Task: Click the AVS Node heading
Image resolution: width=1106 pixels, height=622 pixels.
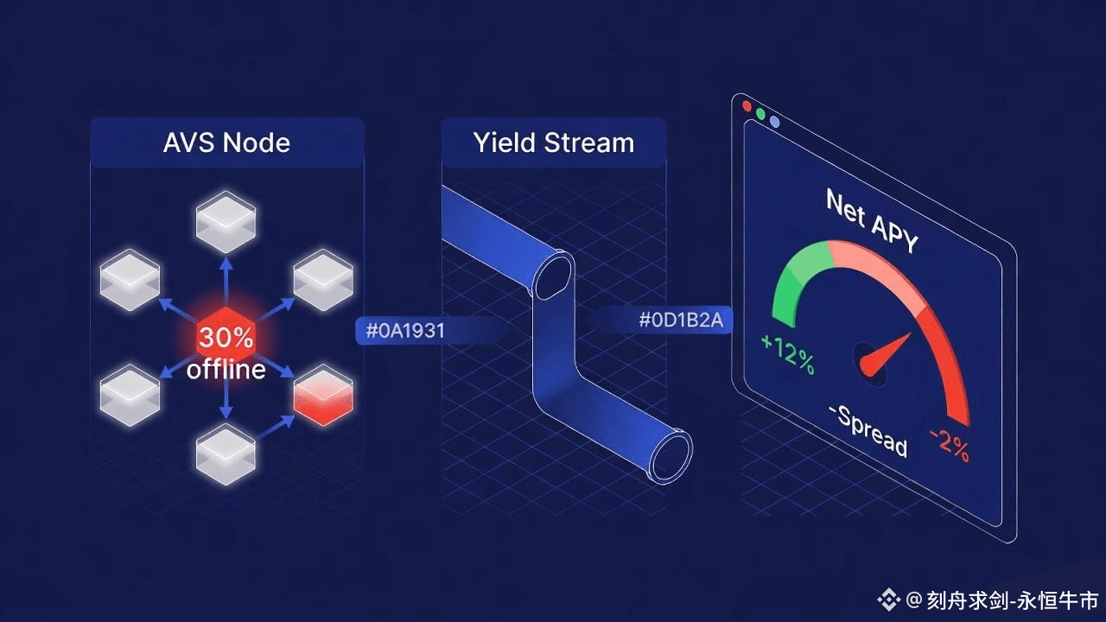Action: click(x=226, y=143)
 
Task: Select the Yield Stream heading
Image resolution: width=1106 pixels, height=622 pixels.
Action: click(x=553, y=143)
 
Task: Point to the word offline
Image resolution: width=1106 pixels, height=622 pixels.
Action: click(x=226, y=370)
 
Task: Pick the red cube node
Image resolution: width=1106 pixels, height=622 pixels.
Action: click(x=323, y=396)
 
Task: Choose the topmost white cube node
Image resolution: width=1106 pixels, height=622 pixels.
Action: click(x=226, y=222)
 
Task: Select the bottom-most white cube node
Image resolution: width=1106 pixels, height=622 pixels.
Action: click(x=226, y=454)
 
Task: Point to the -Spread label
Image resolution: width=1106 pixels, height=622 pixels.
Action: click(x=868, y=429)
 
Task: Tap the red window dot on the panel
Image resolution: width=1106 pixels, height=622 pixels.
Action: click(x=747, y=106)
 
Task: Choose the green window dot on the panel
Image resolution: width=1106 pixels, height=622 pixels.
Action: click(x=760, y=114)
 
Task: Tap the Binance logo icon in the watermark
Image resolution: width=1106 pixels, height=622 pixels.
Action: click(x=888, y=599)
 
